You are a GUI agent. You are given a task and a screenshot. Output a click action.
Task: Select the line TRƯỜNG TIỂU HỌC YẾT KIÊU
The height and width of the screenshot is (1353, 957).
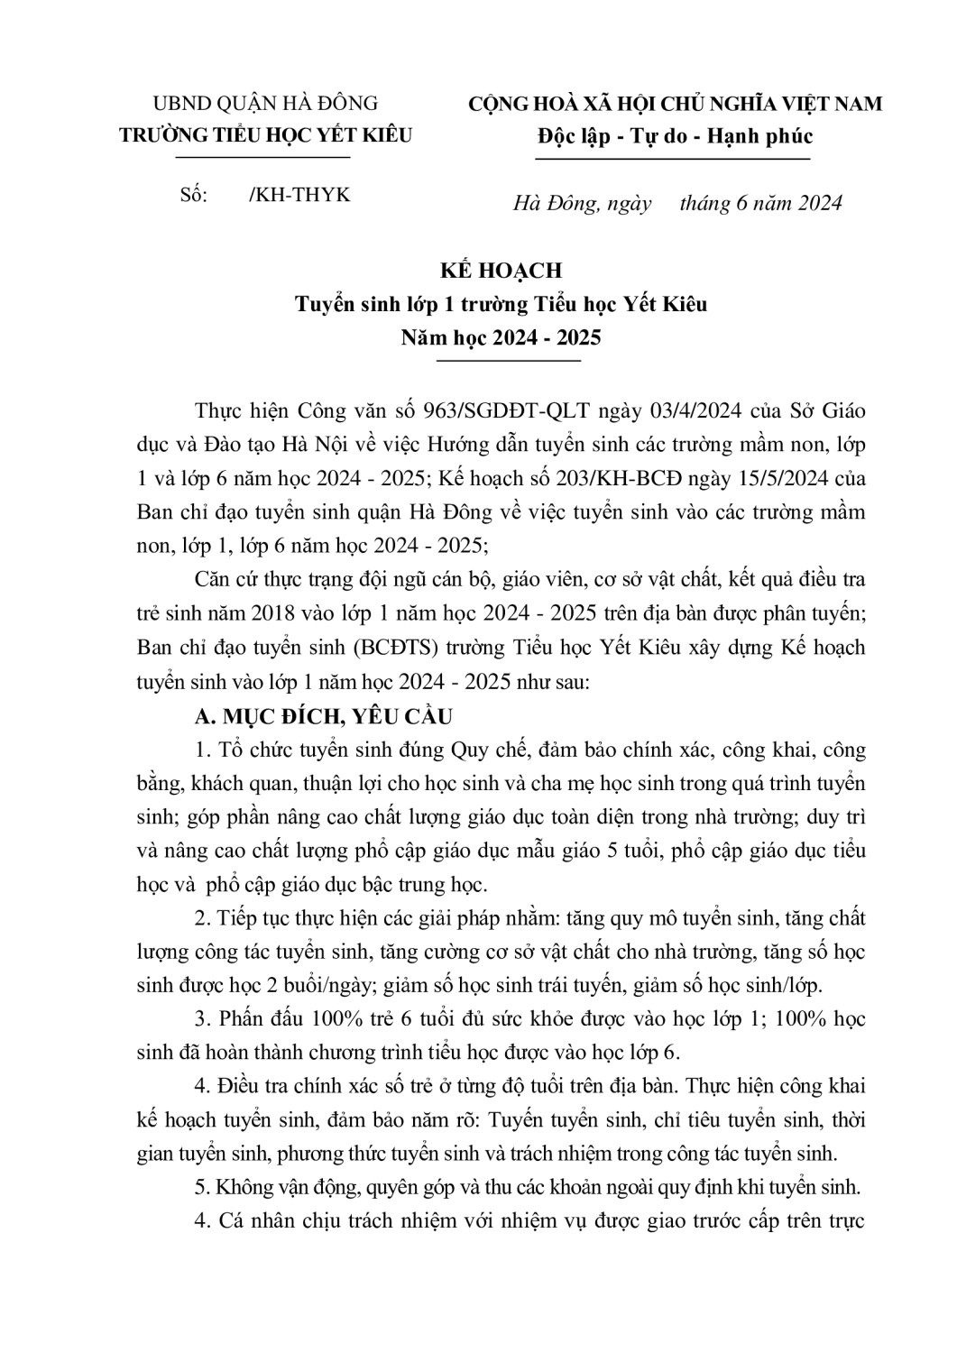(266, 135)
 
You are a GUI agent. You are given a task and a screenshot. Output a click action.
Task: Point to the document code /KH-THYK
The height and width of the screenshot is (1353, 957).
(299, 195)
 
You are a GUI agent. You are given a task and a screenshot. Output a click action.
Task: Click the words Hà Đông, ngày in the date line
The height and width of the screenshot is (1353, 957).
(583, 203)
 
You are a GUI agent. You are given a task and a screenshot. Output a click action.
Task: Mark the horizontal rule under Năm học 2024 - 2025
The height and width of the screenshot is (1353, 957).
(508, 362)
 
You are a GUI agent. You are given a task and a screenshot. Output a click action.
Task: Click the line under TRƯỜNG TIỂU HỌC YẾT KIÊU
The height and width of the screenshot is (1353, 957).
(262, 159)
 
